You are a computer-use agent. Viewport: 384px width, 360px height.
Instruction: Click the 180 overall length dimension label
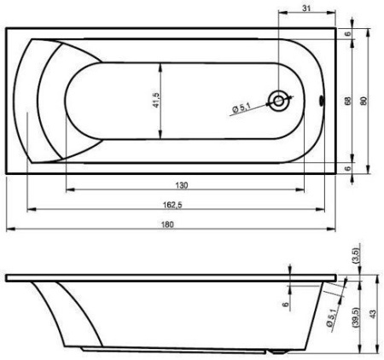pyautogui.click(x=167, y=224)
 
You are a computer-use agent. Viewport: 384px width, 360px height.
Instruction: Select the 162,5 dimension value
pyautogui.click(x=172, y=205)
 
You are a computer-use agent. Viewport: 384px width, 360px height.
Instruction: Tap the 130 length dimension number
pyautogui.click(x=182, y=185)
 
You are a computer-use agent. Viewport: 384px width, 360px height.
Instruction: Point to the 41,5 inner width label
pyautogui.click(x=156, y=100)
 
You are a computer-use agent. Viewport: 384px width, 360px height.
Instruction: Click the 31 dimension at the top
pyautogui.click(x=306, y=9)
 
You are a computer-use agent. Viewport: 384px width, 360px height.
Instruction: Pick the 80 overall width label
pyautogui.click(x=364, y=101)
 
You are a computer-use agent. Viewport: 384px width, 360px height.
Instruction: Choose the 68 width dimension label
pyautogui.click(x=347, y=101)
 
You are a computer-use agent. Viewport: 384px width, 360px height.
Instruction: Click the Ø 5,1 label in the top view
pyautogui.click(x=241, y=108)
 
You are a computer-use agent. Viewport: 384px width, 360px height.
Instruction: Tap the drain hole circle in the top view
pyautogui.click(x=278, y=101)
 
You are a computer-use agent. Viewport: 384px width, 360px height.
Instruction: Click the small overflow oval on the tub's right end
pyautogui.click(x=322, y=101)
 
